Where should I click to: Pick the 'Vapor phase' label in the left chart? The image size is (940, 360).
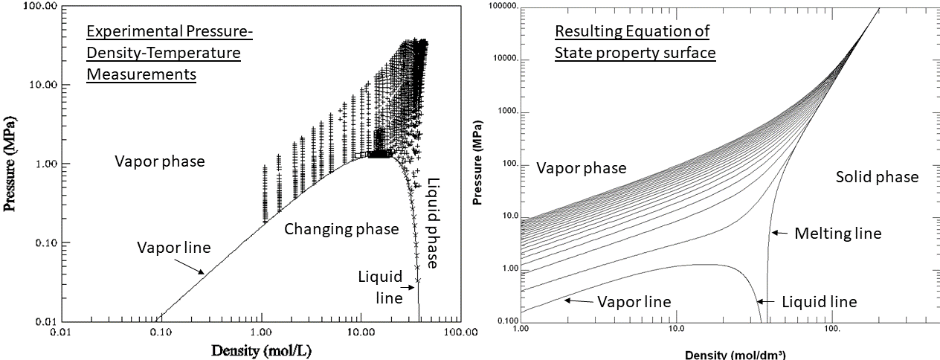[159, 161]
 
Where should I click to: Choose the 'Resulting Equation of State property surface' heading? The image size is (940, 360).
[634, 42]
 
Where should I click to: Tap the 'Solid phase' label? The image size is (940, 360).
[877, 177]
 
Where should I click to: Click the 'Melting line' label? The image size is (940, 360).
[837, 234]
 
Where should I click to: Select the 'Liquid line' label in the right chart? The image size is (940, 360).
[819, 301]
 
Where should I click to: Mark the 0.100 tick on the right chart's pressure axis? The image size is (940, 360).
[503, 321]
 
